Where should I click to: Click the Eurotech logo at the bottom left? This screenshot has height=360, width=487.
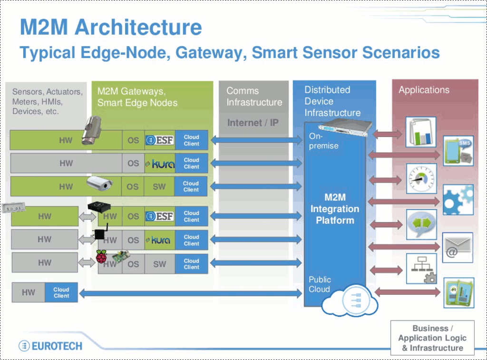pos(50,346)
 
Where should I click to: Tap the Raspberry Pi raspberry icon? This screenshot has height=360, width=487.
pos(101,257)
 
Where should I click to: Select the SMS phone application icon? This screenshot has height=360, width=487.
pos(458,151)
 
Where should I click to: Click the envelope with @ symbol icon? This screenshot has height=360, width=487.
pos(458,248)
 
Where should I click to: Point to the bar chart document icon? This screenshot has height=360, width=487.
pos(421,132)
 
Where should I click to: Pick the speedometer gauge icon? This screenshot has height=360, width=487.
pos(421,179)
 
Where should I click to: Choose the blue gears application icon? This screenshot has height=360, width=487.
pos(458,200)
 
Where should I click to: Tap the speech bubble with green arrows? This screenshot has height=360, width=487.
pos(421,224)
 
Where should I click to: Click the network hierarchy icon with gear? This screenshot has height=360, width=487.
pos(421,269)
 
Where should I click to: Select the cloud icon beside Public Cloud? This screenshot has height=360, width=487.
pos(350,301)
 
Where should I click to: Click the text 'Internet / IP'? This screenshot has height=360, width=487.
pos(253,123)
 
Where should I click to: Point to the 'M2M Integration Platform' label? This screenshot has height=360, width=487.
pos(335,209)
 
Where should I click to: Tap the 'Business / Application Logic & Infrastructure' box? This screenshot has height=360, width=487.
pos(432,338)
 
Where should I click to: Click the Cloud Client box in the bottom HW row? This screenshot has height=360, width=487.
pos(61,292)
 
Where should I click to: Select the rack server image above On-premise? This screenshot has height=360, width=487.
pos(345,127)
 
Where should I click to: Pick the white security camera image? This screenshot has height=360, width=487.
pos(99,183)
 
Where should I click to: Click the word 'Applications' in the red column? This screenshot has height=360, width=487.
pos(424,90)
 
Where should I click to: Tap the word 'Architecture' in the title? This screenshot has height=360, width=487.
pos(138,27)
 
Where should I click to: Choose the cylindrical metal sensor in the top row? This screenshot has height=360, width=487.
pos(92,130)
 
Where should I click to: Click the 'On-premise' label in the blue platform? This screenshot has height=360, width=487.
pos(323,141)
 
